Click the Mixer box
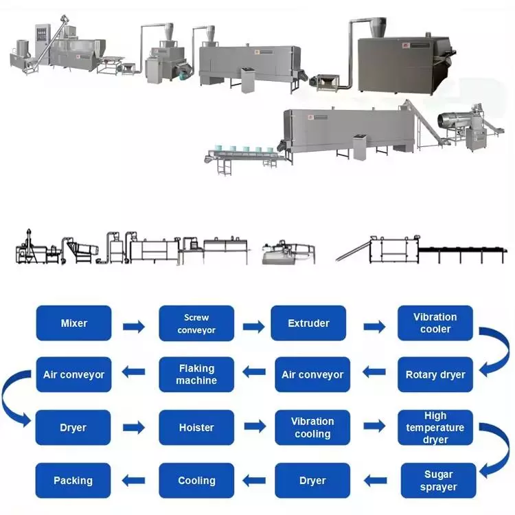coord(74,323)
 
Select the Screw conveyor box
coord(196,323)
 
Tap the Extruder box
coord(308,323)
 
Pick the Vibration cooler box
coord(435,323)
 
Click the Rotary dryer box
coord(435,375)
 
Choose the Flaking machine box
coord(196,375)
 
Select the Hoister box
coord(196,428)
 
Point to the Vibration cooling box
coord(312,428)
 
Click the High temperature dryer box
coord(435,428)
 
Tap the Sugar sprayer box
coord(439,481)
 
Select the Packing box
coord(73,481)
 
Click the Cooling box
coord(196,481)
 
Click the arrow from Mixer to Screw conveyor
coord(134,326)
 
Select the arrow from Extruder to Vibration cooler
coord(375,326)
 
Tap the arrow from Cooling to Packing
coord(133,481)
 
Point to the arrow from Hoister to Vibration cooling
coord(255,426)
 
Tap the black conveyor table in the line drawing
coord(462,252)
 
